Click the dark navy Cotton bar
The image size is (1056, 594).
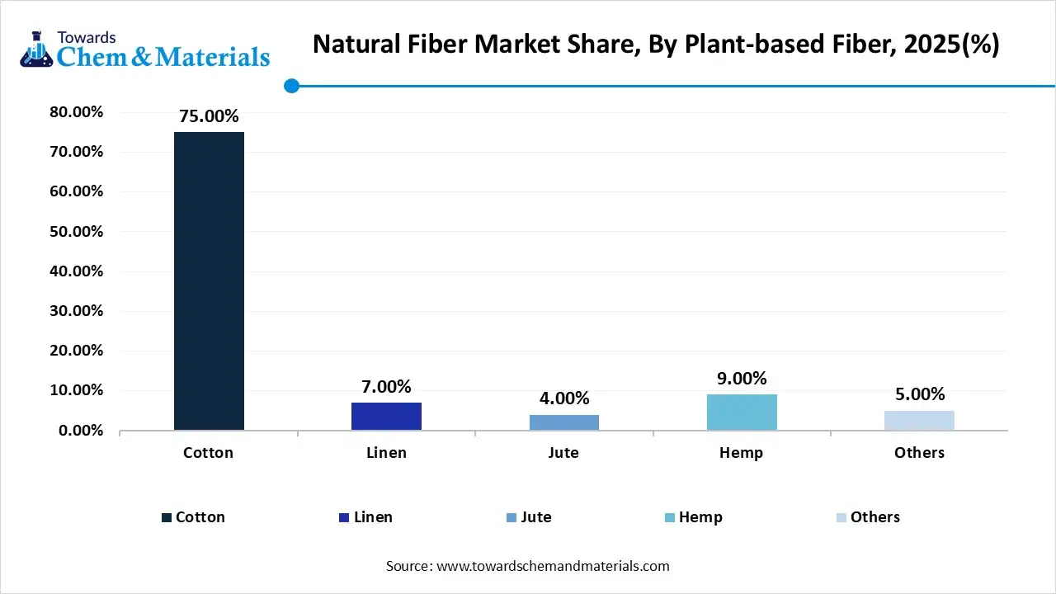click(x=209, y=280)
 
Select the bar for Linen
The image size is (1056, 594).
click(x=386, y=416)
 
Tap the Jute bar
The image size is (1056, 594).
click(x=563, y=422)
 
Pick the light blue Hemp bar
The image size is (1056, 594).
click(x=742, y=412)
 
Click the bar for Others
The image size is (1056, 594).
click(x=919, y=420)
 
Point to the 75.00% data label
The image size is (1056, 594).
click(x=209, y=116)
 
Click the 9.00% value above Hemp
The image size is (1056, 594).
click(x=742, y=379)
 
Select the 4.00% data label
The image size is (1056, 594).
click(x=563, y=398)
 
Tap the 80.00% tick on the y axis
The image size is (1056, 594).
click(x=76, y=112)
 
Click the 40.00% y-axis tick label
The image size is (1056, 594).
click(x=76, y=271)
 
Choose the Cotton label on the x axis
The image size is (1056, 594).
click(x=208, y=453)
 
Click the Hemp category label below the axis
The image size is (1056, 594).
click(x=741, y=453)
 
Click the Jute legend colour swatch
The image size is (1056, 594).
click(x=511, y=518)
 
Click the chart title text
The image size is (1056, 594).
click(x=656, y=45)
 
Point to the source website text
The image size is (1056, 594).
click(x=528, y=566)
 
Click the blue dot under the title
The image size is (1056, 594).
click(x=291, y=86)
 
